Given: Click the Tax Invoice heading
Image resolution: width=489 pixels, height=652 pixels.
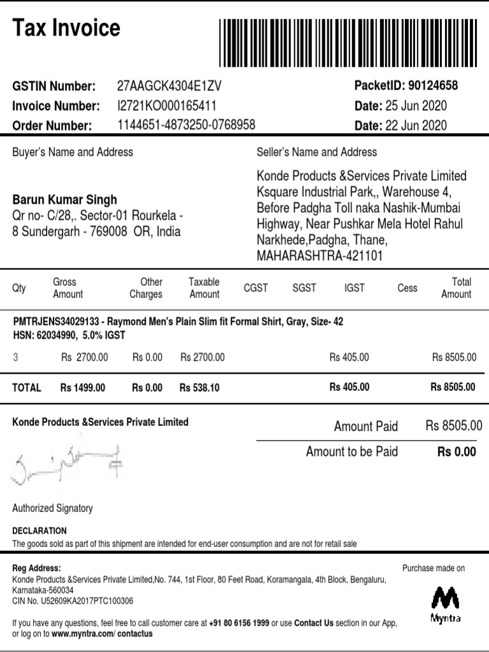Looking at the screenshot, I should click(66, 28).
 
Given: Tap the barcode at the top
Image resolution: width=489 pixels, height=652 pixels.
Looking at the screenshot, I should click(348, 43).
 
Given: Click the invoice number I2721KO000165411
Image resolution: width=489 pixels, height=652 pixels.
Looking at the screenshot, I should click(167, 106).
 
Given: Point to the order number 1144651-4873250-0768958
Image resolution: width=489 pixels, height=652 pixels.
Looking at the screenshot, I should click(187, 125).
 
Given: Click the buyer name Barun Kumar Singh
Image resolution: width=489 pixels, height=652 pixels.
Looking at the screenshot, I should click(65, 200).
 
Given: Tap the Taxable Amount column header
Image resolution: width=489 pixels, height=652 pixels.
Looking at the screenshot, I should click(204, 288).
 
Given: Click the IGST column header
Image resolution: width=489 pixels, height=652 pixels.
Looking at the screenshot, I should click(355, 288).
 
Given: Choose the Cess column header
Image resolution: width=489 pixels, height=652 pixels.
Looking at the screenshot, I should click(407, 288).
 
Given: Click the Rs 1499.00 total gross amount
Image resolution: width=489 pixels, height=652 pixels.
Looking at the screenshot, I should click(83, 387).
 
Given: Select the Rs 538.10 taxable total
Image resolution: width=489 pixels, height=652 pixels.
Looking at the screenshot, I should click(200, 387).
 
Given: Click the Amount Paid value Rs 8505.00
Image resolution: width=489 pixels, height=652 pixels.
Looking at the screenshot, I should click(453, 426).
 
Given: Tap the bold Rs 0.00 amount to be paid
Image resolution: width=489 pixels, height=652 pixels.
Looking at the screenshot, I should click(456, 452).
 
